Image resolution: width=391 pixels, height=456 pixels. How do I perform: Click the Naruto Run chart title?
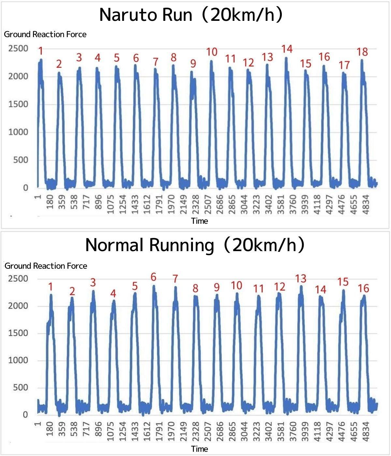pos(191,15)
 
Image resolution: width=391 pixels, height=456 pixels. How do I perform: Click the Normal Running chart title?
pos(195,245)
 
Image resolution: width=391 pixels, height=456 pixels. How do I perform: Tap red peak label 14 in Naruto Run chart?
pos(287,49)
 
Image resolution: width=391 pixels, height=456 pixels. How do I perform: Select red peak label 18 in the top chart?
pos(362,52)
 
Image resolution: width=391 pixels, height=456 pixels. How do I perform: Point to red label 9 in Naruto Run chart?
pos(193,64)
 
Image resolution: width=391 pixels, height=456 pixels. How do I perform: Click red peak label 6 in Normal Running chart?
pos(153,277)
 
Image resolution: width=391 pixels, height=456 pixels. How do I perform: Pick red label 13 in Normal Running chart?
pos(301,278)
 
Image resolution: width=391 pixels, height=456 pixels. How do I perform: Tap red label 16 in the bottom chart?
pos(363,288)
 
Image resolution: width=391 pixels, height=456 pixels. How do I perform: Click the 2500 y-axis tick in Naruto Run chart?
pos(18,49)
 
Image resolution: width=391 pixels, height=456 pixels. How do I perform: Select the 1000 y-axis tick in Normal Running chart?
pos(18,360)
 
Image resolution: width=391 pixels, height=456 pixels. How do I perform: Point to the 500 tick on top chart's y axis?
pos(21,160)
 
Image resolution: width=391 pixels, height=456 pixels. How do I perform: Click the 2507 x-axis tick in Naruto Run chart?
pos(208,205)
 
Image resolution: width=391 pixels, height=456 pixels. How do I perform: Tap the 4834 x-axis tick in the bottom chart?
pos(366,432)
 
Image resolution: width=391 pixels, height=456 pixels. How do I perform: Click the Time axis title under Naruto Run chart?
pos(199,221)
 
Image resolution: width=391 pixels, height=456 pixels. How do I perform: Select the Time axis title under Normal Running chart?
pos(199,449)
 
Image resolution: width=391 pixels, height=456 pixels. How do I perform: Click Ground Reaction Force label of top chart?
pos(45,35)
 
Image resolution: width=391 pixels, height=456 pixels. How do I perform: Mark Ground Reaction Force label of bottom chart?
pos(46,266)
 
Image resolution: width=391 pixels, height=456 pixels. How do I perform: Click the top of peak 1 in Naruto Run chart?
pos(41,59)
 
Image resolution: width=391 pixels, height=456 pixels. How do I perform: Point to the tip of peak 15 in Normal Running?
pos(343,290)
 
